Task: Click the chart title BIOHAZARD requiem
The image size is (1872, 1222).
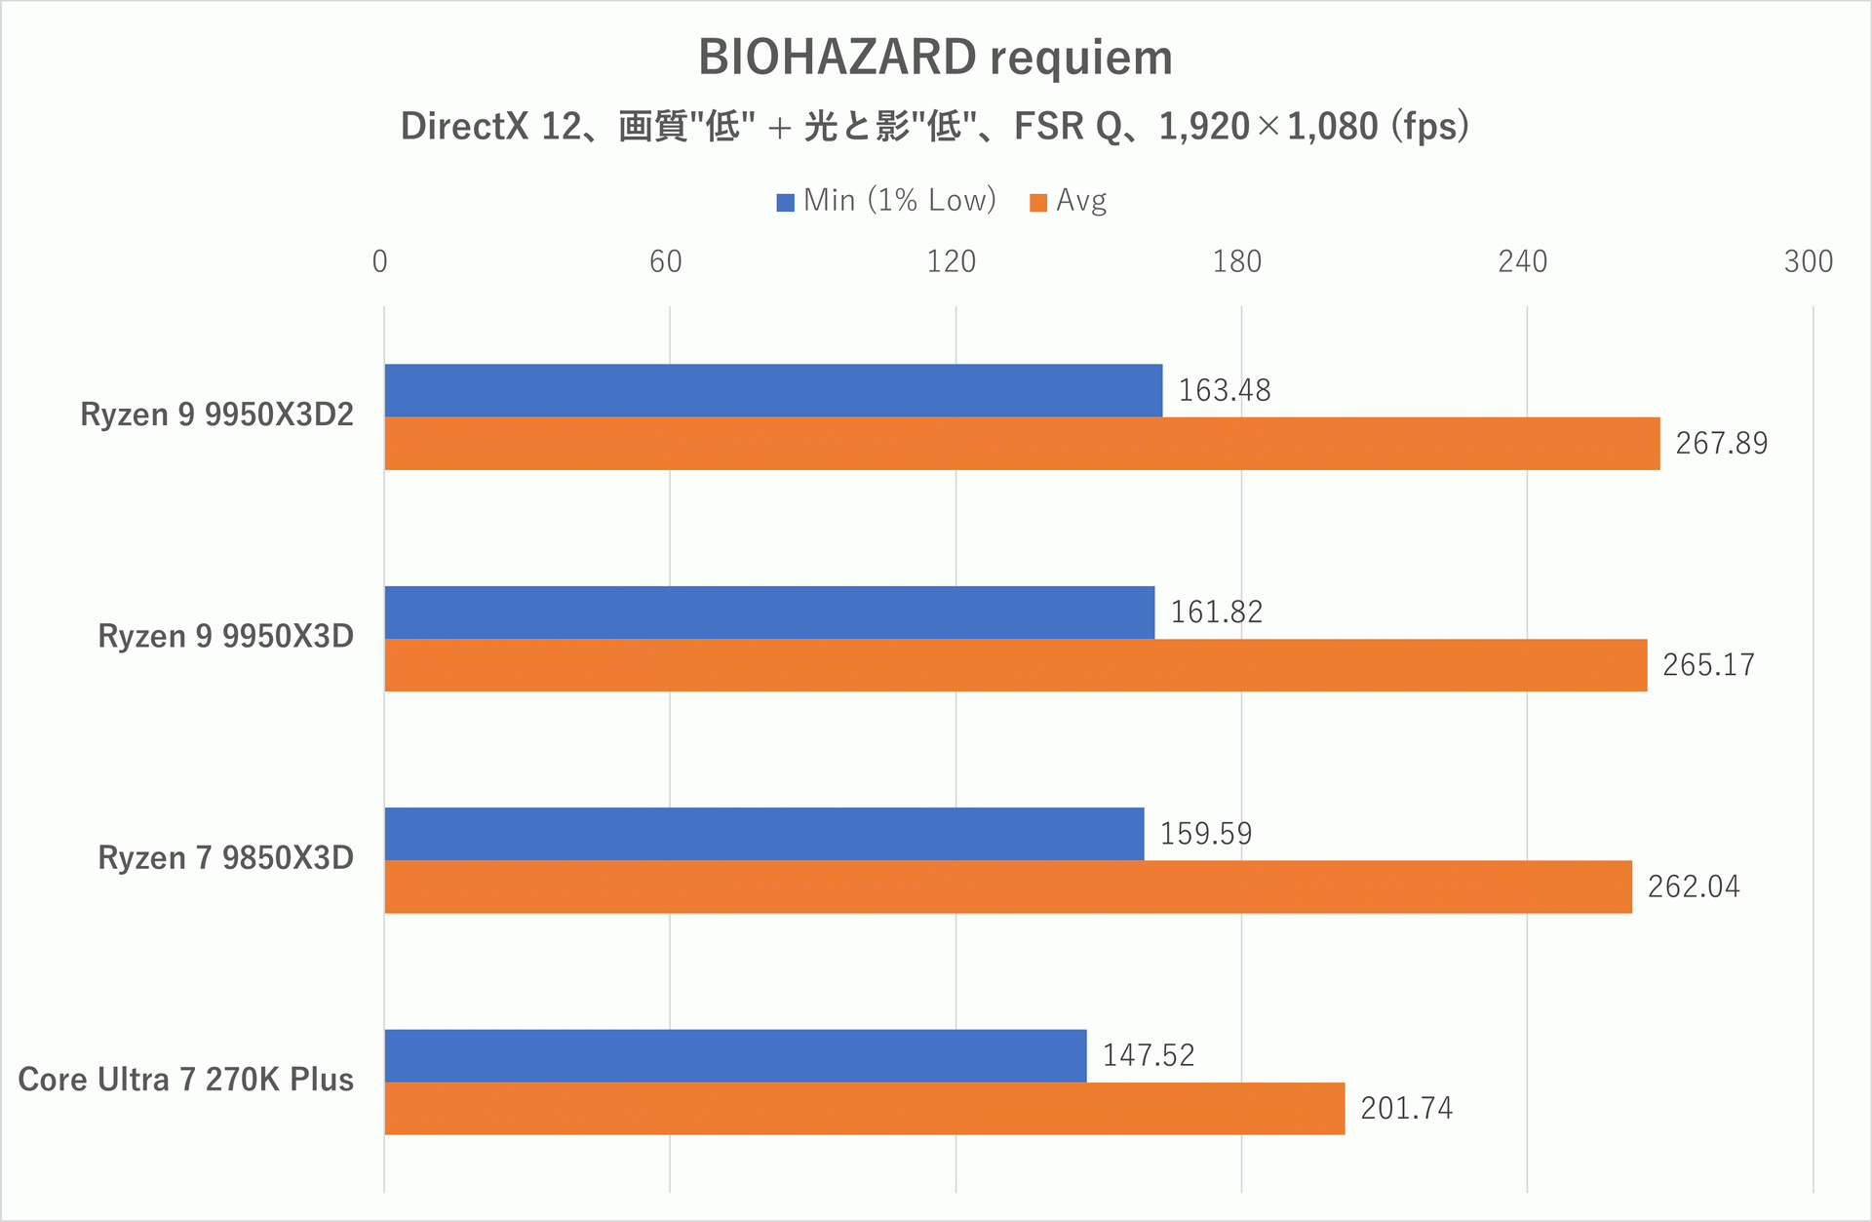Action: pos(935,58)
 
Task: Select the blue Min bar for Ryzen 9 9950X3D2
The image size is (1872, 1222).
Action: pos(772,390)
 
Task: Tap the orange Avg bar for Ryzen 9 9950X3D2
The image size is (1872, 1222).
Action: pos(1021,444)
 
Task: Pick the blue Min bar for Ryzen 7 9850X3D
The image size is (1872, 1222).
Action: pos(763,834)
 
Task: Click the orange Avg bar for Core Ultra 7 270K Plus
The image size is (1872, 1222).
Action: pos(864,1109)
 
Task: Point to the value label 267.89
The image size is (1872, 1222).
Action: pos(1721,444)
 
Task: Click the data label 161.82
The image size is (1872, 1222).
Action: pos(1216,612)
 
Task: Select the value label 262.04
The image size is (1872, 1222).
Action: pos(1694,887)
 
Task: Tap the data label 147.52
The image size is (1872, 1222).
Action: pos(1148,1055)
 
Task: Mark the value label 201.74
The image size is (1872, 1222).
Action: pos(1406,1109)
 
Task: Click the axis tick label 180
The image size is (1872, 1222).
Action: pos(1236,261)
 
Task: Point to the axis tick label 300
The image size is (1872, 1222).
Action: pos(1808,261)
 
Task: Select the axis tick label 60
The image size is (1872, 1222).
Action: pos(665,261)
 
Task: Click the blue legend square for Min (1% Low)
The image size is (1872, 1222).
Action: pos(785,203)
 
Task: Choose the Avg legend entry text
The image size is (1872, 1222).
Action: pos(1081,201)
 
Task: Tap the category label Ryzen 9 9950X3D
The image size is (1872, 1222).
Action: pos(225,636)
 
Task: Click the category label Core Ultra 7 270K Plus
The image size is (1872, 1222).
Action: pos(185,1080)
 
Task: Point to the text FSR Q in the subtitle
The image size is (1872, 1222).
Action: pos(1068,127)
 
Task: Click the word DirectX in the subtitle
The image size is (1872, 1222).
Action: pos(464,127)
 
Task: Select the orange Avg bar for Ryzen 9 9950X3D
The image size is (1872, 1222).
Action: pos(1015,665)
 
